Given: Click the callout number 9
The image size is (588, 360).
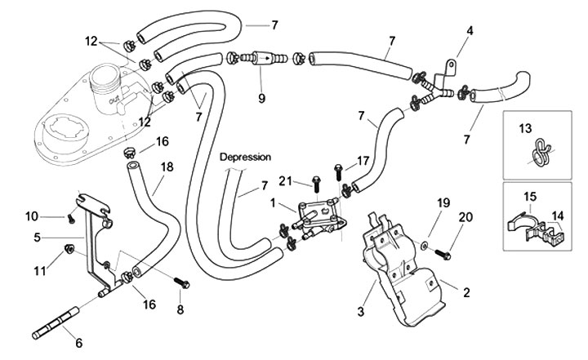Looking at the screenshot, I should click(261, 99).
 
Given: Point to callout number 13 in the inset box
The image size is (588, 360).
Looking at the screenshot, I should click(525, 127).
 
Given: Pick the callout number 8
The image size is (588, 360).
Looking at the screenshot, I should click(181, 310).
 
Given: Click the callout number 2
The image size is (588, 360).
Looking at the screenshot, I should click(467, 291).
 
